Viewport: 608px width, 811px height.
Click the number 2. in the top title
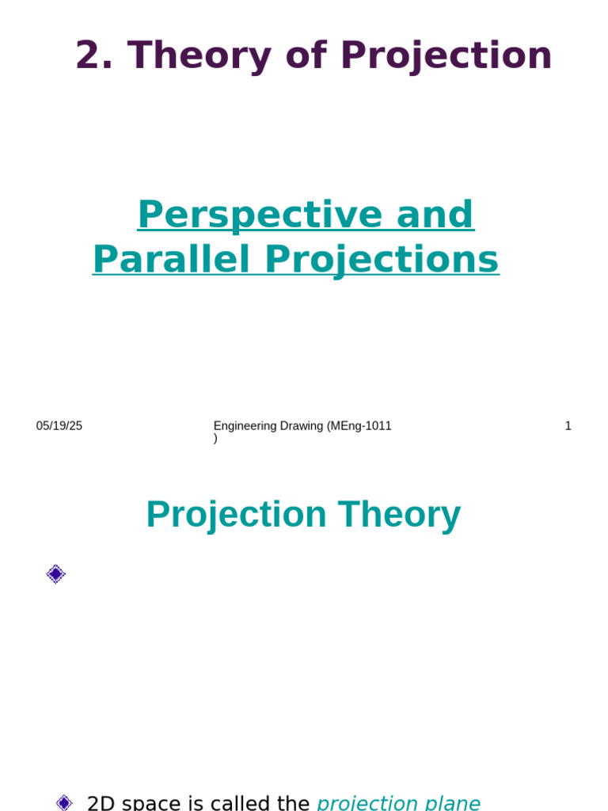pos(95,56)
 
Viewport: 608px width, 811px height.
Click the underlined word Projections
pos(382,259)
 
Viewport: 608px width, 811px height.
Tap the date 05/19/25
pos(59,426)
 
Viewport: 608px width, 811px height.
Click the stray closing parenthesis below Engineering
pos(215,438)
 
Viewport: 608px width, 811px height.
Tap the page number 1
pos(568,426)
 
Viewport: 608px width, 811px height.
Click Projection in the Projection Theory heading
pos(236,515)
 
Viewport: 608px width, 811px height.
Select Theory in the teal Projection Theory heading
pos(399,515)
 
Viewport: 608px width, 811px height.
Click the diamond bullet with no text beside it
pos(55,574)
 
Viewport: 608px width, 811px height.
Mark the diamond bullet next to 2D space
pos(64,802)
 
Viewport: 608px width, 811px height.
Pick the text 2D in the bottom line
pos(101,803)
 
